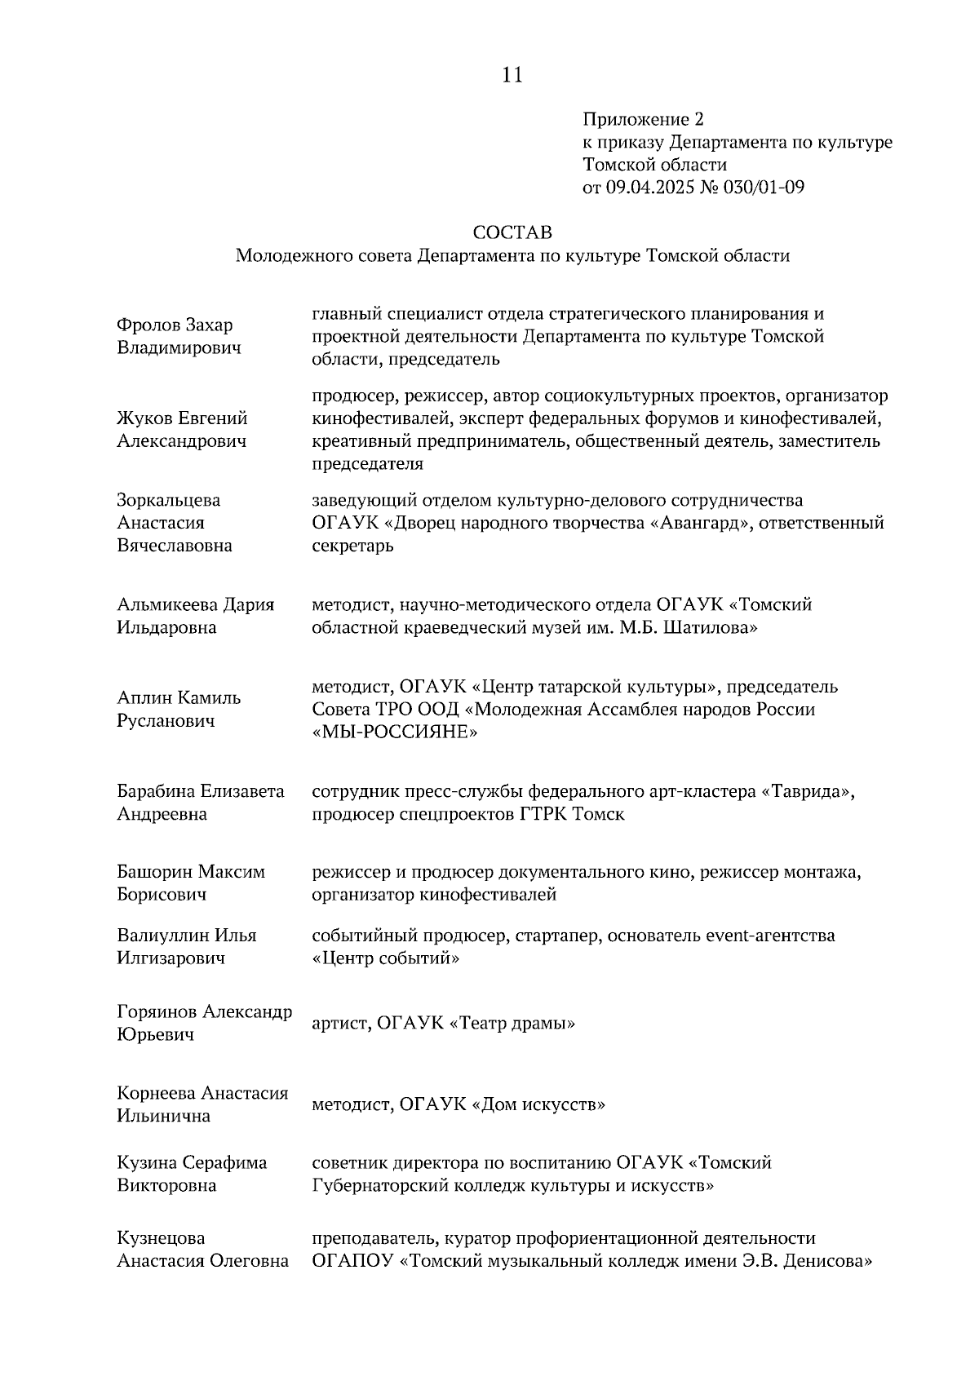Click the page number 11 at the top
click(x=512, y=75)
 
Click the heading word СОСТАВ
click(x=512, y=232)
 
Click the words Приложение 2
click(x=642, y=120)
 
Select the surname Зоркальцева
click(x=169, y=500)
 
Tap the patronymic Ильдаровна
click(x=166, y=627)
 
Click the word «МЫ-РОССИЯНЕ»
click(x=395, y=732)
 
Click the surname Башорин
click(x=154, y=872)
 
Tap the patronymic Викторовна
click(x=166, y=1185)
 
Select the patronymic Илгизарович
click(x=171, y=958)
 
